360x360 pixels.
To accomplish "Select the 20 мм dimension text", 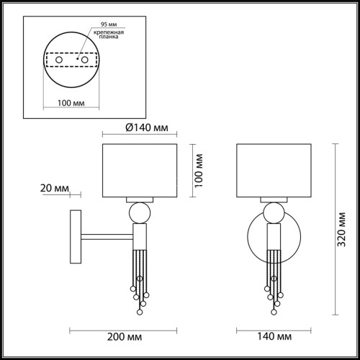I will pos(54,189).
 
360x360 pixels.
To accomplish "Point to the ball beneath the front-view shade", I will pos(274,212).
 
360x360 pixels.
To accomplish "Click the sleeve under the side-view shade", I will pos(138,199).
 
